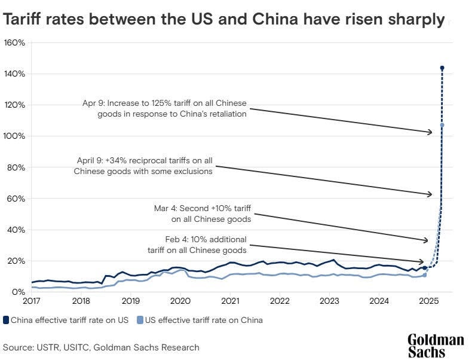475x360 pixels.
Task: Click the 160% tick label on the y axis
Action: click(x=14, y=43)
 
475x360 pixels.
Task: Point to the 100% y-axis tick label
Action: click(x=14, y=136)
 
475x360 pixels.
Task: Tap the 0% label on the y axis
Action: click(x=19, y=292)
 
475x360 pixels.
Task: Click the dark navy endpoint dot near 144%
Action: click(x=442, y=68)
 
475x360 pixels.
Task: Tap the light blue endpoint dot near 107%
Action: click(x=442, y=125)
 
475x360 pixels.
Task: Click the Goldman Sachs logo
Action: click(x=436, y=346)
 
